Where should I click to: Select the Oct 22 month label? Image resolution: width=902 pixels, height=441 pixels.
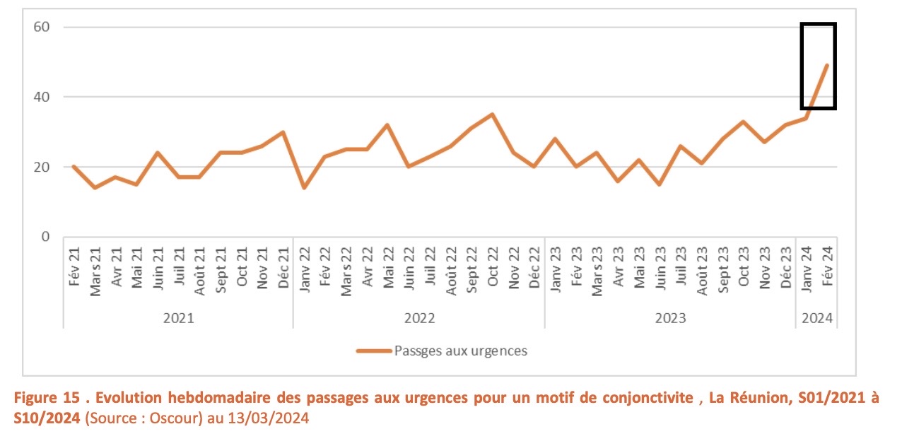493,267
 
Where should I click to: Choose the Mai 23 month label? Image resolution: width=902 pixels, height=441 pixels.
640,267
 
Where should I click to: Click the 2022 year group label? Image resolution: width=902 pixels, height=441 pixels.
419,318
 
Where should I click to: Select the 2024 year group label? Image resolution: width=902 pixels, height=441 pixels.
816,318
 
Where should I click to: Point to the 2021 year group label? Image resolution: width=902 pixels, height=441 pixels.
178,318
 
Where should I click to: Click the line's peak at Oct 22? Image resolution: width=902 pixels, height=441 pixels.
492,114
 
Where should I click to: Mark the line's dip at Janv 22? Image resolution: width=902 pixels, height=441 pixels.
304,188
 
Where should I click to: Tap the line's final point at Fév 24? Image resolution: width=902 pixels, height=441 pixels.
827,65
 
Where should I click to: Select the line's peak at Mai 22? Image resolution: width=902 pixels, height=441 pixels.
387,125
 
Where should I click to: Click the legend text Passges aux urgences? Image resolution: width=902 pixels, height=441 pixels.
460,351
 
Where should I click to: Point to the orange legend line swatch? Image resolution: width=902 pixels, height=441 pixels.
374,351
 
